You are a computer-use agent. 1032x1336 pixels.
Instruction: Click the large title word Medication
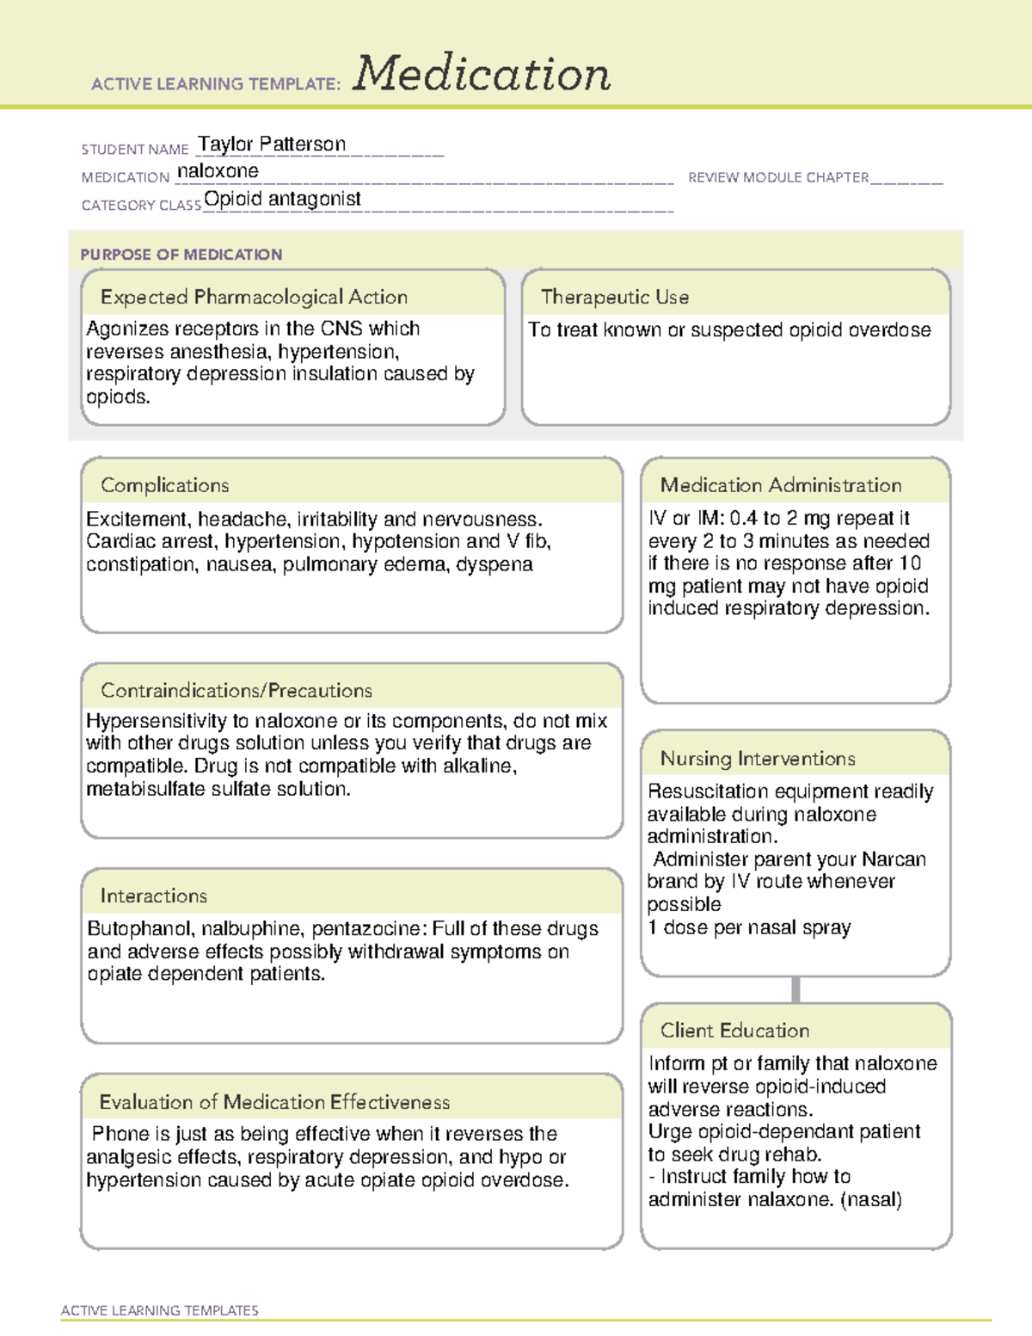pos(482,74)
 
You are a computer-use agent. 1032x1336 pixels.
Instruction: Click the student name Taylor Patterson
pos(272,144)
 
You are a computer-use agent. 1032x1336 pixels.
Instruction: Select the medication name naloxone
pos(218,171)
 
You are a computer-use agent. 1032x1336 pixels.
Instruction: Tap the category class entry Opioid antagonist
pos(282,199)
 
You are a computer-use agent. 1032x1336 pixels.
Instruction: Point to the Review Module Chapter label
pos(778,177)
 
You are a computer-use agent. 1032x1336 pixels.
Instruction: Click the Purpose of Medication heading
pos(181,255)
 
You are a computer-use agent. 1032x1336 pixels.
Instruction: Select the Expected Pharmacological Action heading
pos(254,297)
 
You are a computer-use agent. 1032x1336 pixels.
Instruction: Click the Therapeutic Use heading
pos(615,297)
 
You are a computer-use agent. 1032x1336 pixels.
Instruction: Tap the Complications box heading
pos(165,485)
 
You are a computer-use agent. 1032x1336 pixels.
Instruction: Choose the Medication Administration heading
pos(781,485)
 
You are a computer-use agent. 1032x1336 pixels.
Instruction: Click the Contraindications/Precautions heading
pos(236,690)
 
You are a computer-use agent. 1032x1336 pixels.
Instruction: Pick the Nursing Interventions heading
pos(758,759)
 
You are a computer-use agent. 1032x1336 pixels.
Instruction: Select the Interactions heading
pos(154,896)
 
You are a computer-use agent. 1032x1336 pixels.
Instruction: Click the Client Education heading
pos(734,1031)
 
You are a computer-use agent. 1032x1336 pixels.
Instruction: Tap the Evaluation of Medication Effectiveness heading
pos(274,1102)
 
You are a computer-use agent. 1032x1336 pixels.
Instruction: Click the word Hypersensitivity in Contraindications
pos(156,721)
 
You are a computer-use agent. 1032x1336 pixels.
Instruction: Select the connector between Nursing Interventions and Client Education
pos(795,989)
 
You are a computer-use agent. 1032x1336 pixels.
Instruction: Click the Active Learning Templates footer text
pos(160,1310)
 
